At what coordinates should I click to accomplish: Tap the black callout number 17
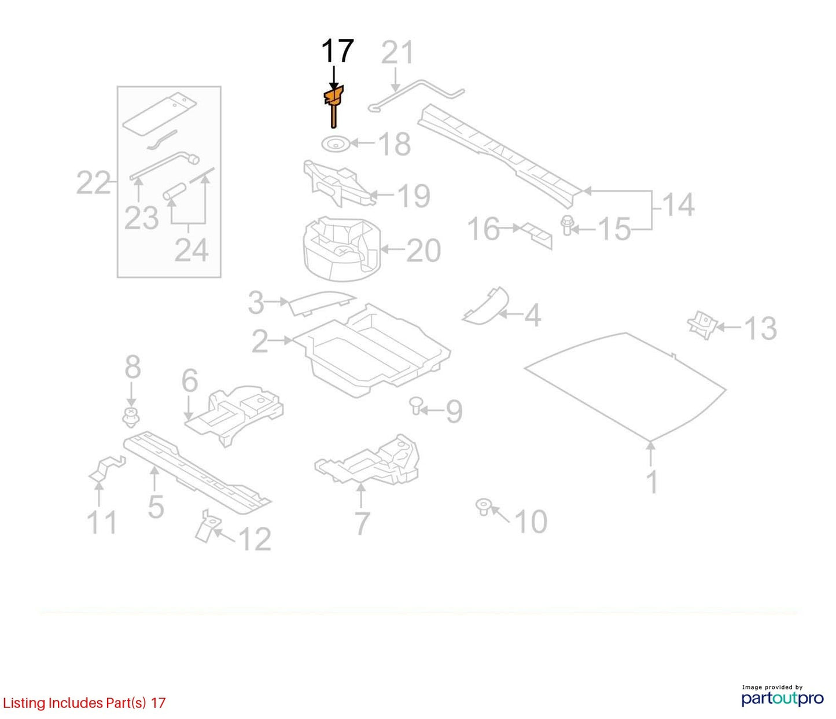click(x=337, y=52)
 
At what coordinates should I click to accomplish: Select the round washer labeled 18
click(x=334, y=144)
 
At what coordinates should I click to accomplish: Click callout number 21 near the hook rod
click(x=397, y=53)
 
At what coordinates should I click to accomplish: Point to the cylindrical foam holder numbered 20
click(x=342, y=250)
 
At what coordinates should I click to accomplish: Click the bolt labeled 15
click(x=566, y=225)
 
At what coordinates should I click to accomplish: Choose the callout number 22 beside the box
click(x=93, y=183)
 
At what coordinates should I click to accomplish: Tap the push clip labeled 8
click(x=131, y=417)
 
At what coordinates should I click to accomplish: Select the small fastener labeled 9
click(x=415, y=405)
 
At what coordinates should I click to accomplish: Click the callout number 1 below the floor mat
click(x=652, y=482)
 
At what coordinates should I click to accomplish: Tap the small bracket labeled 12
click(x=207, y=526)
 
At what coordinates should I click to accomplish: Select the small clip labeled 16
click(x=537, y=236)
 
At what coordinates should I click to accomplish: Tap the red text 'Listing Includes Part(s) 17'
click(x=84, y=703)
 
